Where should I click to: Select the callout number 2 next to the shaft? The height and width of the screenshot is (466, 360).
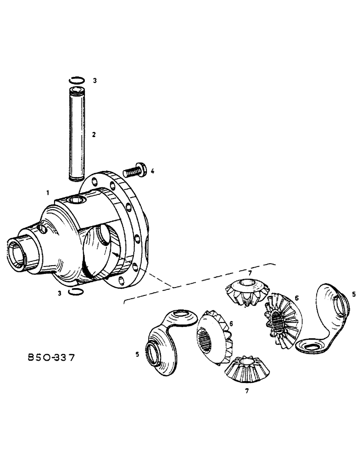94,135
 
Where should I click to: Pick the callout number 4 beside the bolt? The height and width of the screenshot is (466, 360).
152,172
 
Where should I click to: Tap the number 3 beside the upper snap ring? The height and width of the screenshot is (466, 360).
95,81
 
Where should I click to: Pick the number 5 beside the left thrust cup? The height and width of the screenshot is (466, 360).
138,354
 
